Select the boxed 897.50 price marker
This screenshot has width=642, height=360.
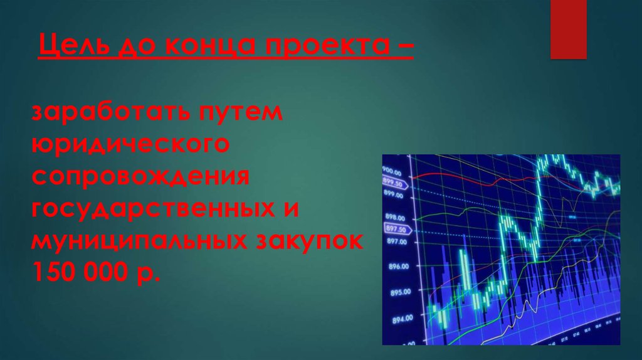point(396,228)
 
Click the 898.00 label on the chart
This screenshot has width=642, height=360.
point(395,218)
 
